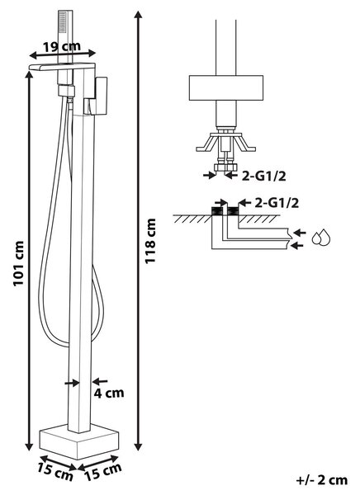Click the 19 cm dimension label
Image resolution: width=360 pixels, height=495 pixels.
62,47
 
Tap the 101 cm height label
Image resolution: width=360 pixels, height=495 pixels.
19,264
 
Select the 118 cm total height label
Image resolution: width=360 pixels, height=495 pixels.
150,241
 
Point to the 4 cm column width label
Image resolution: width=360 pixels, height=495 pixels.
109,393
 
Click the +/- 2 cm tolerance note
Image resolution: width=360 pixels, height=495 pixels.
322,480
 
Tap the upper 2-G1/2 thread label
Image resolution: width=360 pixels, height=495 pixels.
264,177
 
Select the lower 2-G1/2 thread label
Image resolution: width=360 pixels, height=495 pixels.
277,203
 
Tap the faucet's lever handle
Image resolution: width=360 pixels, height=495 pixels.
96,96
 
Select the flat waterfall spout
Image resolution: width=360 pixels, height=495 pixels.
62,66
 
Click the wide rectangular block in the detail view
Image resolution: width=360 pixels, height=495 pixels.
226,87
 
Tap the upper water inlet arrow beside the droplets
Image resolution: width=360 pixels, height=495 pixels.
300,233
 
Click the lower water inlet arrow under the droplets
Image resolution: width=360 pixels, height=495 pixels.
296,245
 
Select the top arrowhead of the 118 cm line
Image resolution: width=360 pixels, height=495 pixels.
138,15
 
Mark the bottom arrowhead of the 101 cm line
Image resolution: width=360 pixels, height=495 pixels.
29,446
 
